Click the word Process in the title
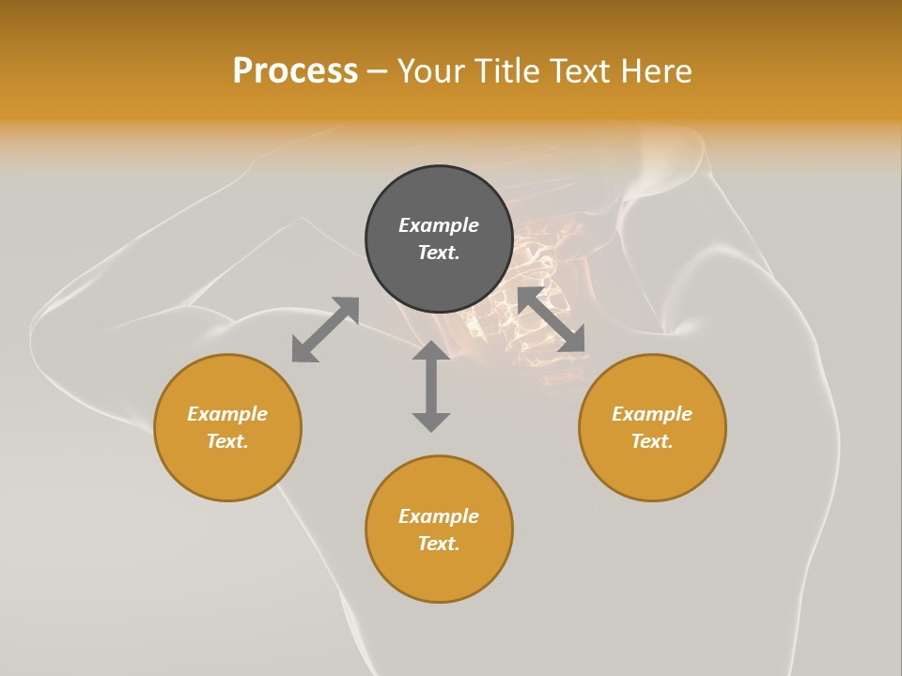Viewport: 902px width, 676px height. coord(295,71)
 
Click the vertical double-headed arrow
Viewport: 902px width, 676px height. coord(431,386)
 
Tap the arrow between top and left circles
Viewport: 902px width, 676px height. coord(325,330)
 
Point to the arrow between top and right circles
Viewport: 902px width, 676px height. coord(552,320)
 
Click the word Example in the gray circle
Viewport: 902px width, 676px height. coord(439,225)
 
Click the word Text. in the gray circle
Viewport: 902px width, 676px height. coord(439,253)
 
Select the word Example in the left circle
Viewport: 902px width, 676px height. coord(227,414)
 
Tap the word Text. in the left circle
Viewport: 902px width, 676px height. coord(227,441)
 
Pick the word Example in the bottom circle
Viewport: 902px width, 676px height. coord(439,516)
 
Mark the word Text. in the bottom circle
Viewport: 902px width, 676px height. coord(439,544)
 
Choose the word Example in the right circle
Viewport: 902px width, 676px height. coord(652,414)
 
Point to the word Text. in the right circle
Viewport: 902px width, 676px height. coord(652,441)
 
